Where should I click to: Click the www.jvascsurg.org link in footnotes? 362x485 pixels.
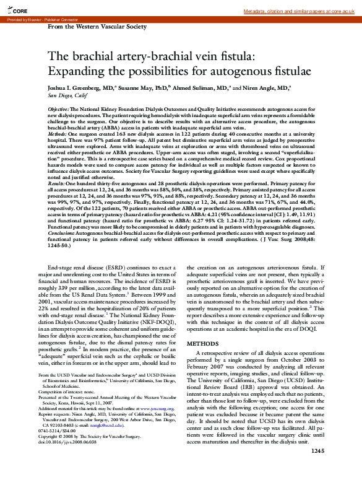click(149, 410)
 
